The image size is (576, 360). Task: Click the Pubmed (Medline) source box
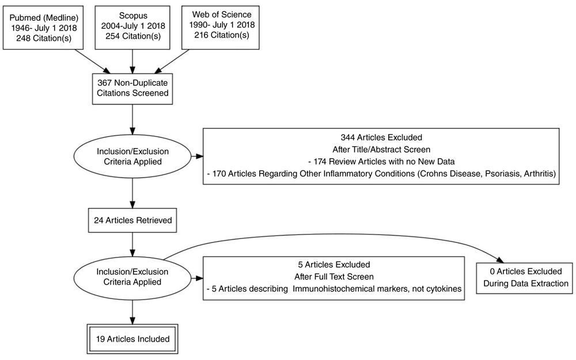click(43, 28)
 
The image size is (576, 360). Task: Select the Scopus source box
click(132, 28)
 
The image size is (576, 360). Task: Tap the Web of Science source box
click(221, 28)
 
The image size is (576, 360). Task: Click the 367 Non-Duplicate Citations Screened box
click(132, 88)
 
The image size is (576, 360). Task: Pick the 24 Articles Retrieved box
click(132, 221)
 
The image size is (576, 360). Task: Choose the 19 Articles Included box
click(132, 339)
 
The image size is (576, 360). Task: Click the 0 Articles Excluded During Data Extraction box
click(525, 278)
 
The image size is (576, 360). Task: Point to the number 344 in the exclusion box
click(348, 138)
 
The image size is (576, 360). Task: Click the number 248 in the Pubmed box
click(23, 38)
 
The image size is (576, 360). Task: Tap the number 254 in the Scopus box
click(112, 36)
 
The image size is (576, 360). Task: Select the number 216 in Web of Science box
click(201, 35)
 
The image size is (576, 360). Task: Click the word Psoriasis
click(502, 173)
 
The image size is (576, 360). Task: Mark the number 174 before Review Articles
click(321, 162)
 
